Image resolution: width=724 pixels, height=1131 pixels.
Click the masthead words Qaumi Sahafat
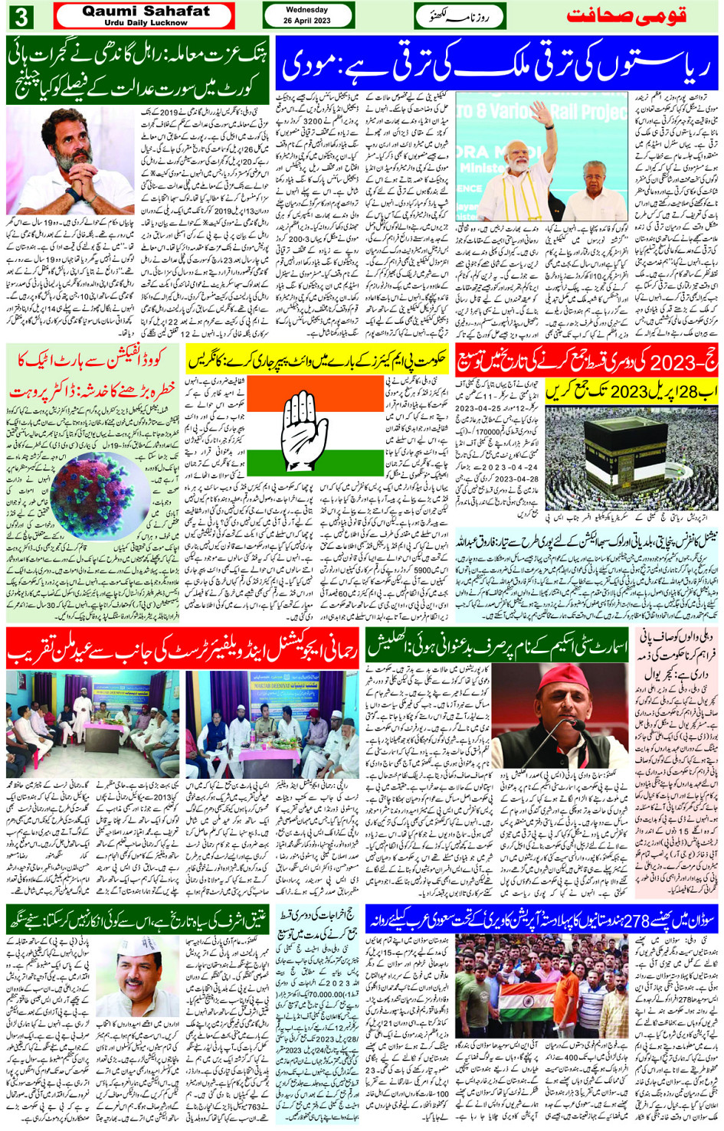coord(146,11)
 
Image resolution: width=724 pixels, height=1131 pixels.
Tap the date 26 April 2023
coord(306,21)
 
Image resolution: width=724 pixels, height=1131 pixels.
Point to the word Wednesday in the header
coord(306,10)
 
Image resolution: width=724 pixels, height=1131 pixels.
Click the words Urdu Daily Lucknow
coord(146,23)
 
